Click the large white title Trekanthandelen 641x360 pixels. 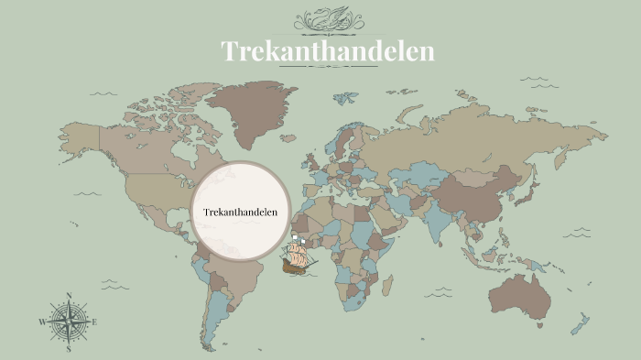pyautogui.click(x=328, y=51)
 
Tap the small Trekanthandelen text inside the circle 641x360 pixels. pyautogui.click(x=240, y=213)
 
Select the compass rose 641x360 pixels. pyautogui.click(x=69, y=322)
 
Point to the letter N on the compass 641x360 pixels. pyautogui.click(x=69, y=296)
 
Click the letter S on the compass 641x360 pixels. pyautogui.click(x=69, y=349)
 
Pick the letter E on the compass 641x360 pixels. pyautogui.click(x=94, y=322)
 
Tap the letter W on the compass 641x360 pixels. pyautogui.click(x=42, y=322)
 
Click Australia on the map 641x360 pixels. pyautogui.click(x=522, y=293)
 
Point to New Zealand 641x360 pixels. pyautogui.click(x=581, y=322)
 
